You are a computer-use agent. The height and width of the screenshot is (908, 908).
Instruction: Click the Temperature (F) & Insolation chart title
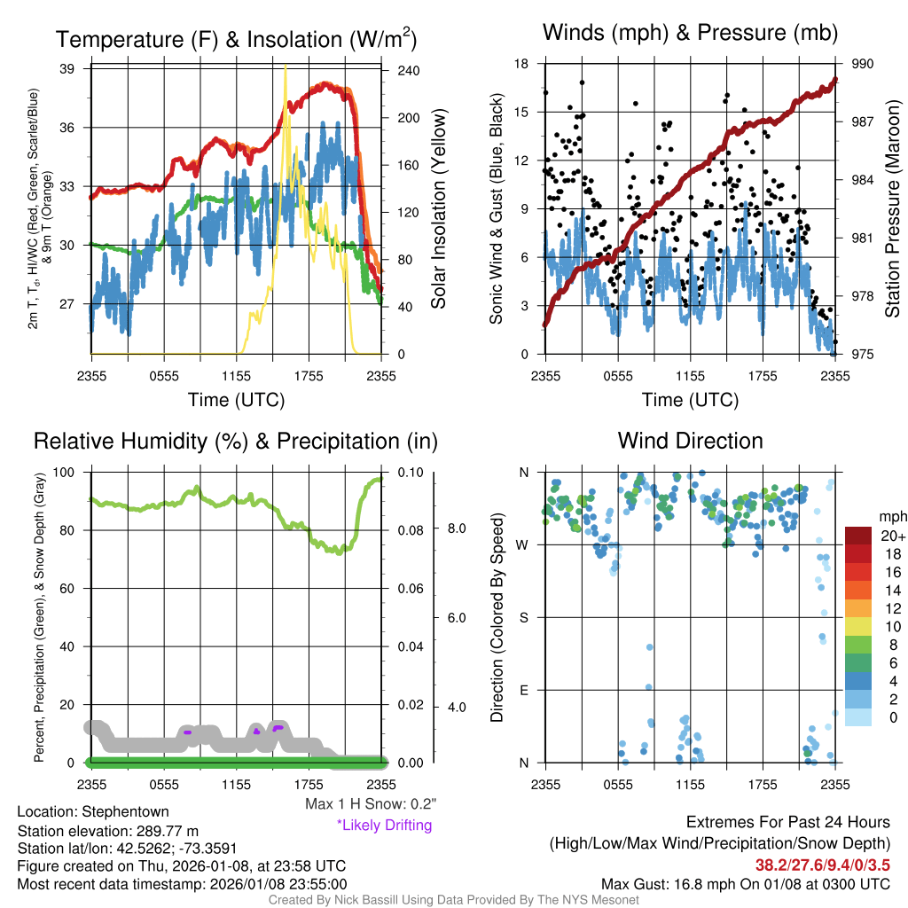(236, 39)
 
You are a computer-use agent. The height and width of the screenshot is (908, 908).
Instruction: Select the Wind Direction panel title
(690, 441)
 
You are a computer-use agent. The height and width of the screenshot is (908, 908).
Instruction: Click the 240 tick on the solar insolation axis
(408, 69)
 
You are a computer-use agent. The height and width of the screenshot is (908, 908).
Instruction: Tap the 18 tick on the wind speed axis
(521, 64)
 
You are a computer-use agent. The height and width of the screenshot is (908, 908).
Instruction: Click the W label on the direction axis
(523, 544)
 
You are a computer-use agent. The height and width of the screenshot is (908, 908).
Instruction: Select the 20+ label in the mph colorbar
(892, 536)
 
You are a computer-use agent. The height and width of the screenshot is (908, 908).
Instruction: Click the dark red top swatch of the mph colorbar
(858, 536)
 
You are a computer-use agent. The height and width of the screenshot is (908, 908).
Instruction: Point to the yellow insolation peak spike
(285, 69)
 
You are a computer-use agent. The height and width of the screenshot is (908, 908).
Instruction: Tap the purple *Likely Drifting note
(384, 826)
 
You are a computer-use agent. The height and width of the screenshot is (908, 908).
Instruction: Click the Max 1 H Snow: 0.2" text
(370, 803)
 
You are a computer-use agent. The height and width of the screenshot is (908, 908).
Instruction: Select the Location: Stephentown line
(93, 811)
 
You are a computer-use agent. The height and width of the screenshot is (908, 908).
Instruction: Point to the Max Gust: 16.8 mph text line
(745, 884)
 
